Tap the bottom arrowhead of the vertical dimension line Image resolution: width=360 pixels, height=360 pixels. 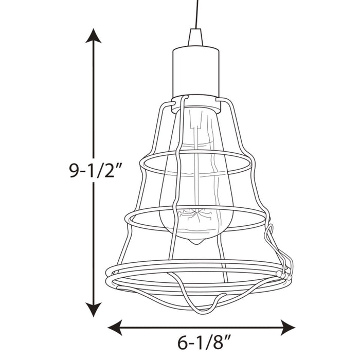[x=93, y=310]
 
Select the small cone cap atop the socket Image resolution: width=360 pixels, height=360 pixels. [x=195, y=37]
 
